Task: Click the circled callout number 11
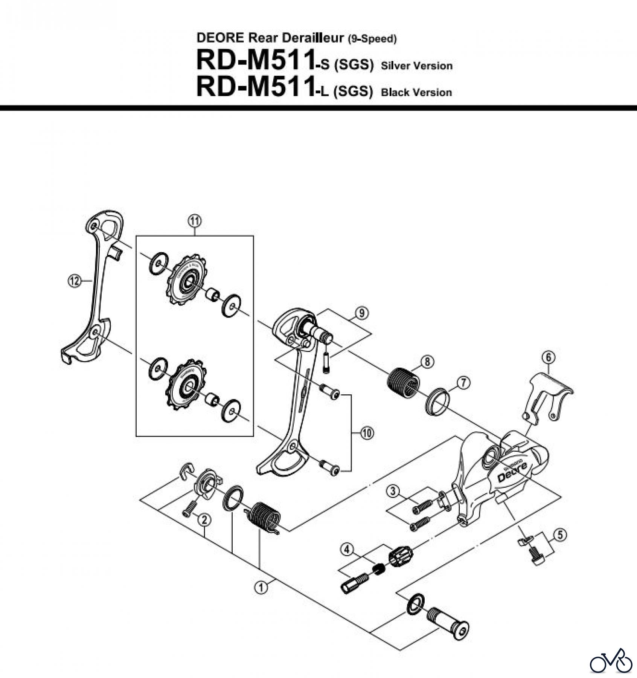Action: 195,221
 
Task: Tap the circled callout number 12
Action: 75,281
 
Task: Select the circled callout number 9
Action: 361,313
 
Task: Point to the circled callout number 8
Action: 427,362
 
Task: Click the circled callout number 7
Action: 463,383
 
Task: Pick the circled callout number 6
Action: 549,357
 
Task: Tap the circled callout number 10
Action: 367,433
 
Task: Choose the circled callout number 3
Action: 393,490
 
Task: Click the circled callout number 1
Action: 261,587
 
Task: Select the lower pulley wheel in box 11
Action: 187,384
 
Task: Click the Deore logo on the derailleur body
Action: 512,471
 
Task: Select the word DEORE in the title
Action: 221,38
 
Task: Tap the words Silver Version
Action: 416,66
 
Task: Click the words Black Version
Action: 416,93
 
